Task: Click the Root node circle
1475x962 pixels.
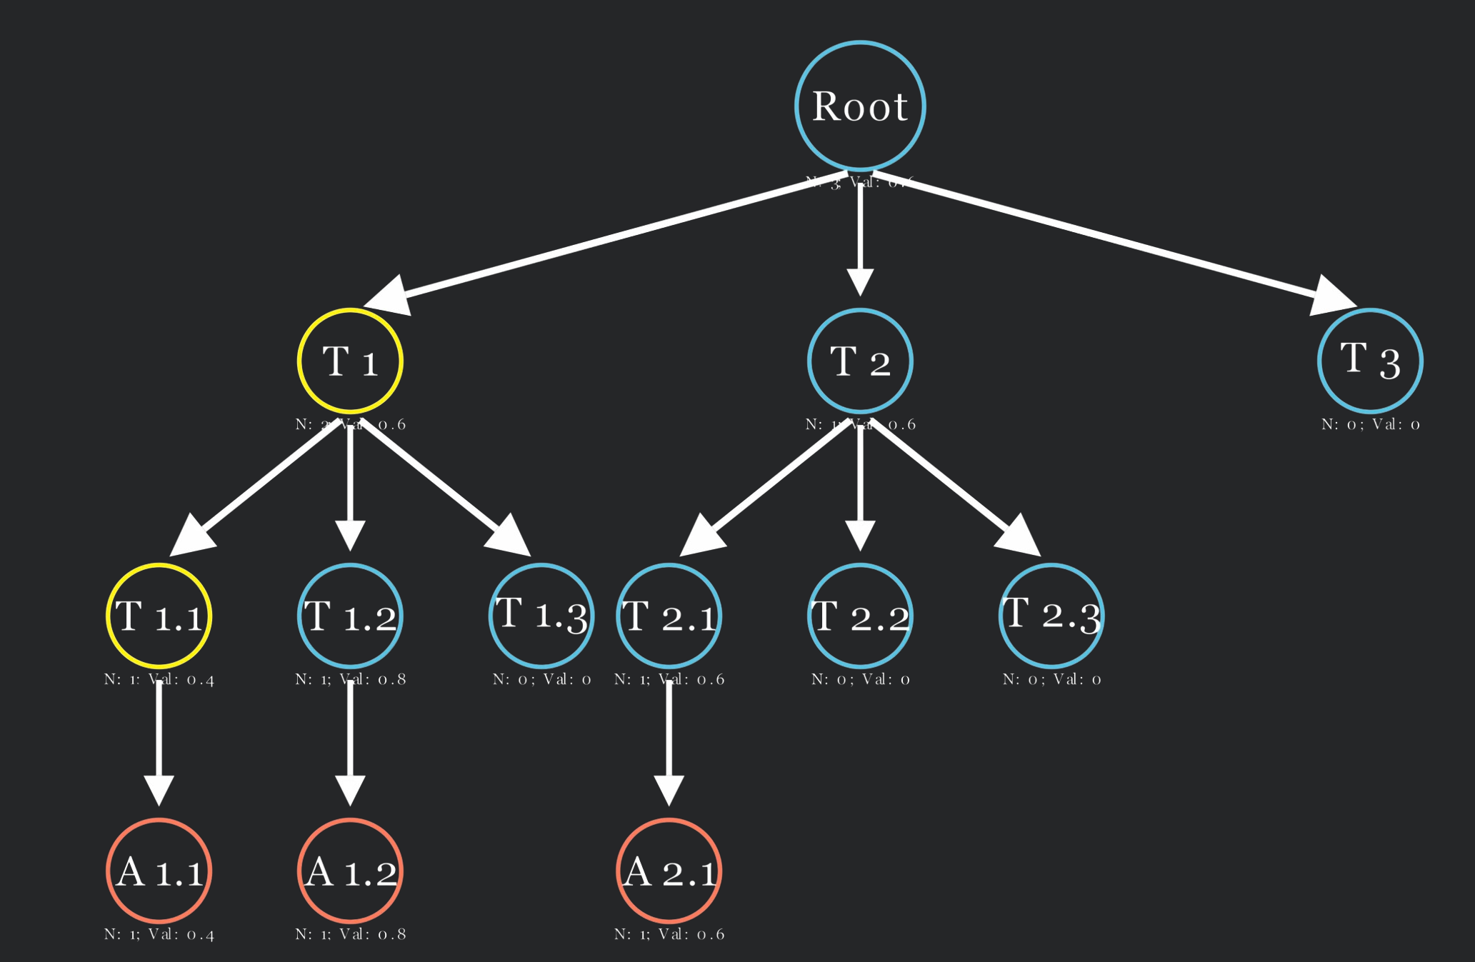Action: tap(860, 106)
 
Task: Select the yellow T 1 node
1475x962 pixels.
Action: tap(350, 361)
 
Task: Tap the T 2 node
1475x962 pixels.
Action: tap(860, 361)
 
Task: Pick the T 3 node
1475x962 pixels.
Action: tap(1370, 361)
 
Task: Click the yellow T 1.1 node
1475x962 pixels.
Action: tap(159, 616)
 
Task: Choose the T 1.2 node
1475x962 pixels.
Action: tap(350, 616)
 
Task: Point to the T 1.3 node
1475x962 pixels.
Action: tap(541, 616)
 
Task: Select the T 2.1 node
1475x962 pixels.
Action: tap(669, 616)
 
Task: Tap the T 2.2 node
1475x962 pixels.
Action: tap(860, 616)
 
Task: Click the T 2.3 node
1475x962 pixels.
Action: tap(1051, 616)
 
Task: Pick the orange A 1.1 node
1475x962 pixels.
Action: tap(159, 871)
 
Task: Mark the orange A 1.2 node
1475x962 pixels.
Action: tap(350, 871)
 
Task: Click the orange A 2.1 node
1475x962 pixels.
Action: tap(669, 871)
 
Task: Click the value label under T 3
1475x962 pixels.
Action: tap(1370, 424)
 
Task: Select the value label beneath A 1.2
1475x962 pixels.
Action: tap(350, 934)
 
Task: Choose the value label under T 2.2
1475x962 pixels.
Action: tap(860, 679)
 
